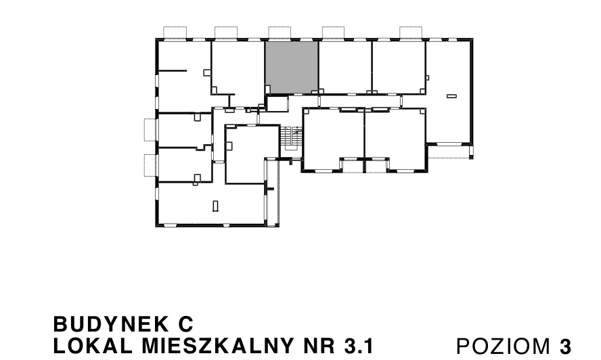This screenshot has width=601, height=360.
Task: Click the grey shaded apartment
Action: click(x=291, y=66)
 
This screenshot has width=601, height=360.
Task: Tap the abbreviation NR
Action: click(x=319, y=346)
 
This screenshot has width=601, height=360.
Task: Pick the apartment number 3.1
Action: click(x=359, y=346)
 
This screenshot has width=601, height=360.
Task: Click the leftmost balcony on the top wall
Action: click(x=175, y=32)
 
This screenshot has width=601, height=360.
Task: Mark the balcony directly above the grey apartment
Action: click(x=279, y=32)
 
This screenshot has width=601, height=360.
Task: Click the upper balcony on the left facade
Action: click(x=150, y=129)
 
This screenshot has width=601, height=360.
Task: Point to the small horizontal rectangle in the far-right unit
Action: click(x=451, y=97)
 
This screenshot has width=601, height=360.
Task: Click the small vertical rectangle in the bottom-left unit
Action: click(x=215, y=206)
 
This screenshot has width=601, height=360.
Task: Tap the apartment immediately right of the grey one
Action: click(x=344, y=66)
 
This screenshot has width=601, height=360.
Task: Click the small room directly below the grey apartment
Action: click(x=277, y=104)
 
